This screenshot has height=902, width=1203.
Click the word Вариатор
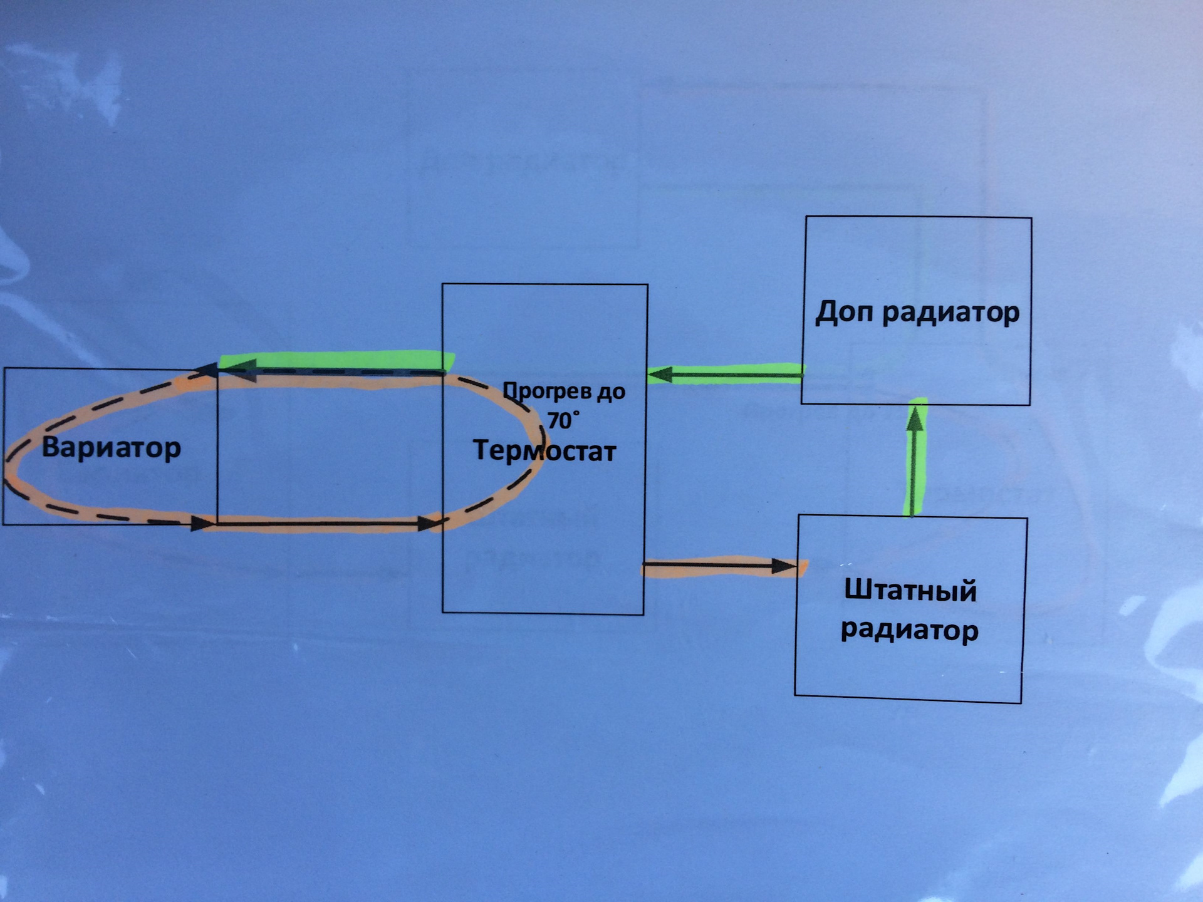111,448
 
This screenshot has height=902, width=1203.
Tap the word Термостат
544,450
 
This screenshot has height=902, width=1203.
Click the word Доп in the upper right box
843,311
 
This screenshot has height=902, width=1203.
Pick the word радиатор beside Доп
950,313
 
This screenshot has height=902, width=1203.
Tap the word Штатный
910,591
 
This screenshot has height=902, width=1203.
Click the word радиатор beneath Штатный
909,630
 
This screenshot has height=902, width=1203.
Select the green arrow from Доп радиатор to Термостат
727,375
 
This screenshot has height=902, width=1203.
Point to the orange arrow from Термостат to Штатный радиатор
721,567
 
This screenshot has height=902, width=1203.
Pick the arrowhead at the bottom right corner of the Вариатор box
202,522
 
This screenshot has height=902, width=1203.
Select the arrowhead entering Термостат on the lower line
429,523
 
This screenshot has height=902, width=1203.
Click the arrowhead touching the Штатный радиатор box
784,567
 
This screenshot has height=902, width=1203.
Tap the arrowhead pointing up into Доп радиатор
916,417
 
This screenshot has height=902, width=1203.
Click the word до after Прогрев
610,392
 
